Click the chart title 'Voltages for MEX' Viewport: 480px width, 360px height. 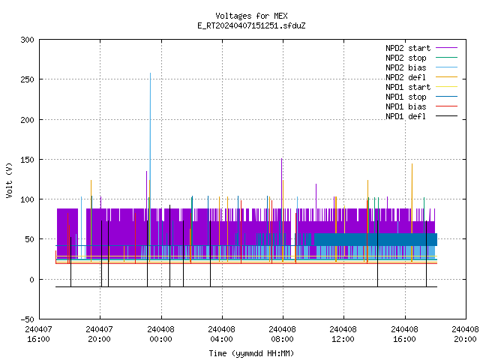[x=251, y=16]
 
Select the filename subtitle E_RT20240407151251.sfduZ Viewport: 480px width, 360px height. [x=251, y=25]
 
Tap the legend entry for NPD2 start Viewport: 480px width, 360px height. [x=408, y=48]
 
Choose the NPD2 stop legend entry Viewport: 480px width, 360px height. [x=406, y=58]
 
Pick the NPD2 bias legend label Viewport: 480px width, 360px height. [x=406, y=67]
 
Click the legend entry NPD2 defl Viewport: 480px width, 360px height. [x=406, y=77]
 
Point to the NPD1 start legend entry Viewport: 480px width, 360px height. [x=408, y=87]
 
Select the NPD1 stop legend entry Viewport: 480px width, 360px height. [x=406, y=97]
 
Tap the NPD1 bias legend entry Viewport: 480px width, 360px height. [x=406, y=106]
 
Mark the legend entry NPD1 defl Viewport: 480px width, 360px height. [x=406, y=117]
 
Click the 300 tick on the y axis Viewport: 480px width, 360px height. [x=27, y=40]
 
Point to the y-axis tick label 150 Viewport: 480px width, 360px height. [x=27, y=160]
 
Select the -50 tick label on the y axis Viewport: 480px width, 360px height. [x=27, y=319]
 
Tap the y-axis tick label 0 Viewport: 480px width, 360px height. [x=31, y=280]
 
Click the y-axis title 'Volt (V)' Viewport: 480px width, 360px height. [x=9, y=181]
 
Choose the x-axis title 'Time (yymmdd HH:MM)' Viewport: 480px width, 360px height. [x=251, y=353]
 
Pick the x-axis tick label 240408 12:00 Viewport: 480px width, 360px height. [x=343, y=334]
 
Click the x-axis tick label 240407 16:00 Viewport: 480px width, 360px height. [x=38, y=334]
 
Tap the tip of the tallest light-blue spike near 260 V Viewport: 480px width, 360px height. [x=150, y=73]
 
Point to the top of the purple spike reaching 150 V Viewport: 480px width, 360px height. [x=282, y=158]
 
